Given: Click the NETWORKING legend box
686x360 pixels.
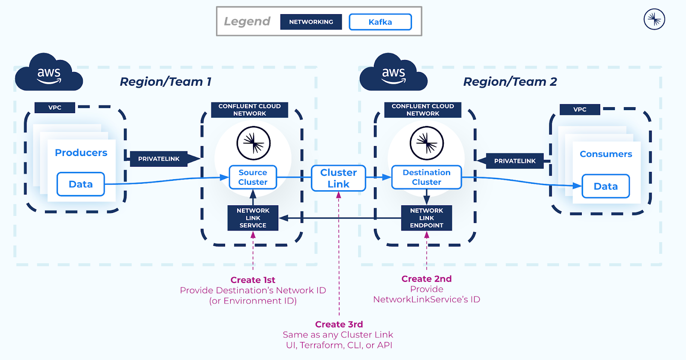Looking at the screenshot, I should point(311,22).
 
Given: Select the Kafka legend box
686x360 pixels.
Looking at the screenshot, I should point(380,22).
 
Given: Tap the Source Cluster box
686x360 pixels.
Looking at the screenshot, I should point(253,177).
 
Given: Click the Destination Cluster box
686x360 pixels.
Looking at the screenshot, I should point(427,177).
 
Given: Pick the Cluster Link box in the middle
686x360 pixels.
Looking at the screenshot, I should point(339,178).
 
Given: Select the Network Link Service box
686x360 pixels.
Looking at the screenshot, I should point(253,218).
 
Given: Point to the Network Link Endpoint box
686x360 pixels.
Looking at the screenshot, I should point(427,218).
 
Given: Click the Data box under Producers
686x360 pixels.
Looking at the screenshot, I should point(81,184).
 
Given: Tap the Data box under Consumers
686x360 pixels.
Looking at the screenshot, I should point(605,186).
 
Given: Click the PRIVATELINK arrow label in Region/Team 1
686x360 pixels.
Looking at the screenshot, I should point(159,159).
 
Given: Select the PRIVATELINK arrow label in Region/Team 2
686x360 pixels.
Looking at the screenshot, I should point(514,161).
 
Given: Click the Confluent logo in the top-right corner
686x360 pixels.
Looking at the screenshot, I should point(654,19).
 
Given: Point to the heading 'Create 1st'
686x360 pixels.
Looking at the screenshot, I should point(253,280).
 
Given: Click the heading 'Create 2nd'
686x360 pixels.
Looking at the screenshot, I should point(427,279).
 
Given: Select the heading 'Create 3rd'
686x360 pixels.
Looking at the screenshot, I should point(339,324).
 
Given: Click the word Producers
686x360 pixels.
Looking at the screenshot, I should point(81,153).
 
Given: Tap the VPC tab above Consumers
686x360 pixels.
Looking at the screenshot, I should point(580,109).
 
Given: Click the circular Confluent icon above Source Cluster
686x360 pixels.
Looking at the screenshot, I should point(253,143).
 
